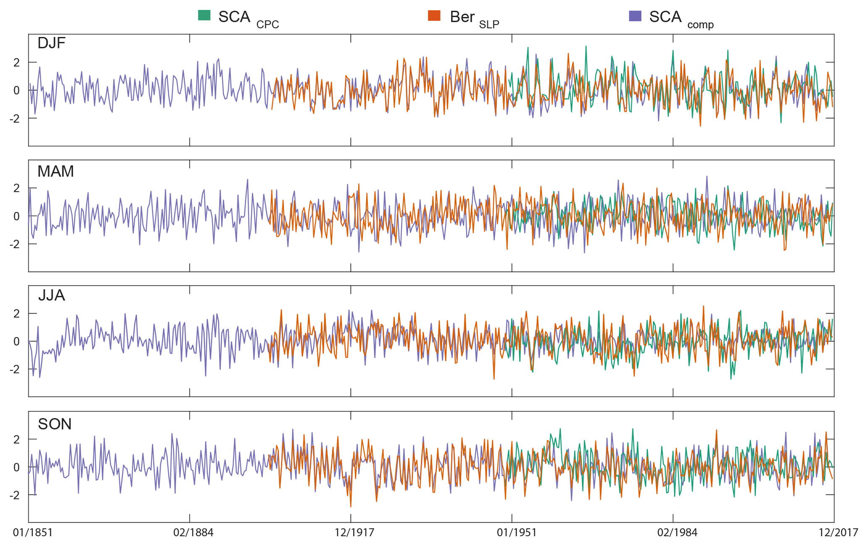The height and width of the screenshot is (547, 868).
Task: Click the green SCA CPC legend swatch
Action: [x=204, y=16]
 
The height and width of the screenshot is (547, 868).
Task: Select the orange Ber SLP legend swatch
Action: [x=434, y=16]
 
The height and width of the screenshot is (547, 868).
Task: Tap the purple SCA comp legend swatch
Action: [x=635, y=16]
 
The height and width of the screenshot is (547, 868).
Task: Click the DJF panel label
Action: [x=51, y=43]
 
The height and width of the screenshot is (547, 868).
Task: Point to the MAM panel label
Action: [x=55, y=171]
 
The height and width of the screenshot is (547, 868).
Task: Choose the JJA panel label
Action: [x=51, y=295]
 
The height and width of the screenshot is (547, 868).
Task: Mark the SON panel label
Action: [x=55, y=424]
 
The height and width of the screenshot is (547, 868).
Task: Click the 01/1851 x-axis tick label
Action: [x=33, y=533]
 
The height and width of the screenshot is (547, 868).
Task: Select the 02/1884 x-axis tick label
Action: [x=193, y=533]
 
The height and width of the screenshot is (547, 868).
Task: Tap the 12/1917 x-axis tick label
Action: [x=354, y=533]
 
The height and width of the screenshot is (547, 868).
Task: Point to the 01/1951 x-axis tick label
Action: [x=517, y=533]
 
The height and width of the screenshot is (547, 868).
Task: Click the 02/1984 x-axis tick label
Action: [x=677, y=533]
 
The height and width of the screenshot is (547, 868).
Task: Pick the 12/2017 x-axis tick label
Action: [x=838, y=533]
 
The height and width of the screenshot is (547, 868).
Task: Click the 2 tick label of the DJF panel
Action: [x=16, y=63]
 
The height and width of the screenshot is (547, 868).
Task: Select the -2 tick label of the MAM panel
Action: [x=14, y=244]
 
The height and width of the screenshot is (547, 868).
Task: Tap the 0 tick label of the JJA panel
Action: [x=16, y=341]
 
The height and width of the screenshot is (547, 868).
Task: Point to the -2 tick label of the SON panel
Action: [x=14, y=495]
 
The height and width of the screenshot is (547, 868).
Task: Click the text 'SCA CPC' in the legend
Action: [x=248, y=18]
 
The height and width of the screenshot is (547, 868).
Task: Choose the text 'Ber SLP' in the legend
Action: [x=474, y=18]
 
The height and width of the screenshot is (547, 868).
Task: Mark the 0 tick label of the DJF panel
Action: [x=16, y=90]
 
